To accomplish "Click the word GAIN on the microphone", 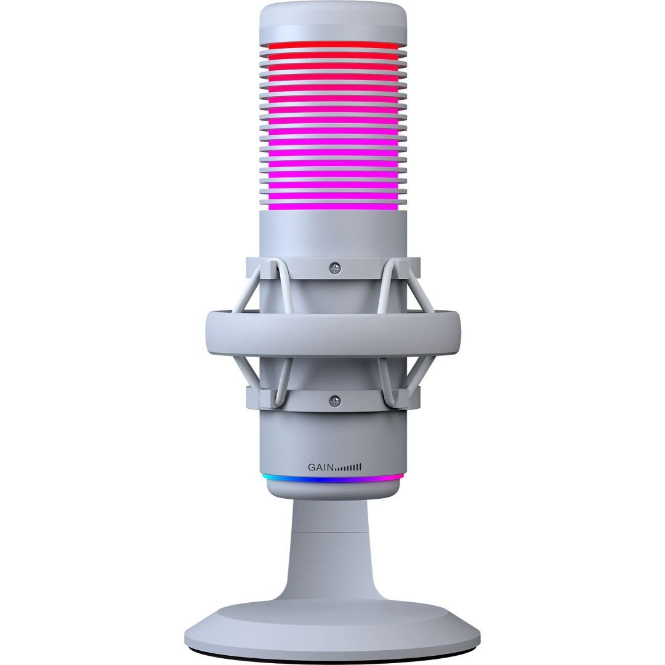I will coord(320,467).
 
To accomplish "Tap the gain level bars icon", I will coord(349,467).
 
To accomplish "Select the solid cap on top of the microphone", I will coord(333,22).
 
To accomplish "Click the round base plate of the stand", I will coord(333,622).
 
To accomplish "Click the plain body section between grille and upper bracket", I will coord(333,234).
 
